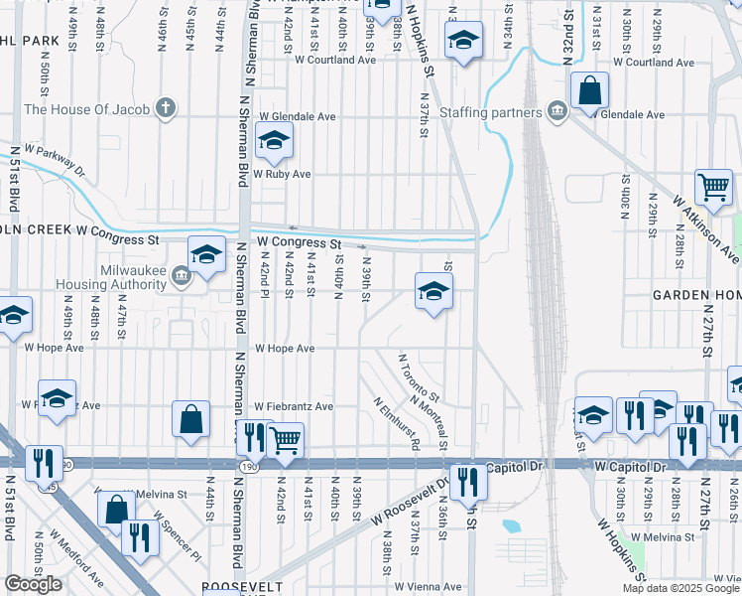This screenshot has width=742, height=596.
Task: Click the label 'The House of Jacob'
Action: point(87,109)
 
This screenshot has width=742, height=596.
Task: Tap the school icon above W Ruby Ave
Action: point(275,141)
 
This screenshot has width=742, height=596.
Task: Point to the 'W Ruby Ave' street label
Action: point(283,174)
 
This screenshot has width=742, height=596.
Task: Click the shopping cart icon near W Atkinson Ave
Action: point(713,186)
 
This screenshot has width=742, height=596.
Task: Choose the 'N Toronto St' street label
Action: point(419,378)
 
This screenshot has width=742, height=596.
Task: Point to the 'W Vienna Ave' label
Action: point(430,587)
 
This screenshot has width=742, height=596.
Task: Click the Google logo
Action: point(33,584)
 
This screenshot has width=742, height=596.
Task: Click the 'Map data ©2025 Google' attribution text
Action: point(680,588)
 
